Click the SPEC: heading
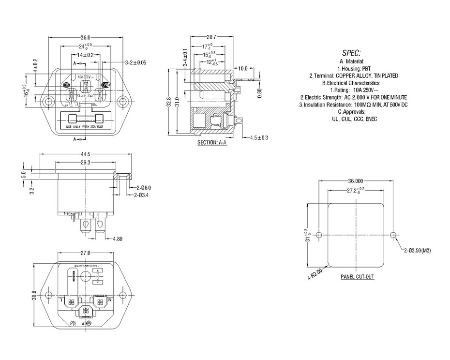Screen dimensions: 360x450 [352, 53]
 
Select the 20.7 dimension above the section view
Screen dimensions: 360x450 [211, 37]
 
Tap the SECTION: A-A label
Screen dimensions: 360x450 [212, 143]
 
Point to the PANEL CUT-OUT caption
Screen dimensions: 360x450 [357, 277]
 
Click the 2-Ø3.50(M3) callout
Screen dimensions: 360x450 [417, 251]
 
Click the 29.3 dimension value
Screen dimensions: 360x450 [87, 163]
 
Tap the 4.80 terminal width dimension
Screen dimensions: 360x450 [117, 239]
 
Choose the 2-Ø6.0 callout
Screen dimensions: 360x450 [144, 187]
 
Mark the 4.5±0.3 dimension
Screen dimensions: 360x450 [259, 138]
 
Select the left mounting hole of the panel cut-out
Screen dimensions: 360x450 [318, 235]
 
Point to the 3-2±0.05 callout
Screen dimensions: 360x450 [135, 63]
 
